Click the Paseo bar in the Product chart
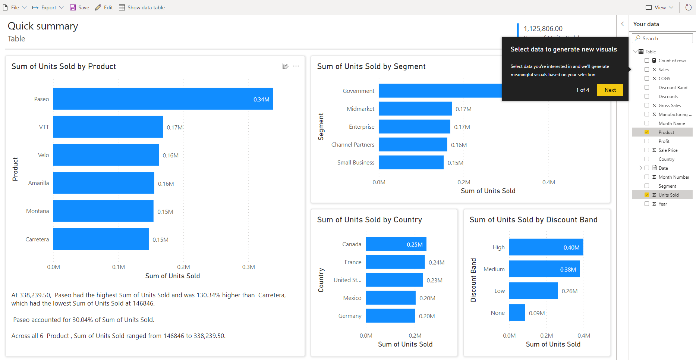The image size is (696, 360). [163, 99]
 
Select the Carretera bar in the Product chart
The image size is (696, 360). [101, 239]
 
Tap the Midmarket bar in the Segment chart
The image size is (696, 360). [415, 109]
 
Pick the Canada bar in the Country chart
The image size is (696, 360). [396, 244]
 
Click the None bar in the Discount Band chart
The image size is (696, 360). [517, 313]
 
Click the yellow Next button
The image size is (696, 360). [610, 90]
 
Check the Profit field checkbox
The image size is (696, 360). [647, 141]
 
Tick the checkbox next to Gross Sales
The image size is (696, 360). [647, 106]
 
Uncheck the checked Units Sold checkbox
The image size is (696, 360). [647, 195]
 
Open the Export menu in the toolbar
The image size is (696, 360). [48, 7]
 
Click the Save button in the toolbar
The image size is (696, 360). [79, 7]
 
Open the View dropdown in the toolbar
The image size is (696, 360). [659, 7]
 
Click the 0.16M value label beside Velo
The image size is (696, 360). [170, 156]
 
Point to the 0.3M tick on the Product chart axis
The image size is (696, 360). [249, 267]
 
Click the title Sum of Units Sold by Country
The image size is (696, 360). [369, 220]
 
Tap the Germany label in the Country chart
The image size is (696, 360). [350, 316]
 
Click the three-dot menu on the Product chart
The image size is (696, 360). [296, 66]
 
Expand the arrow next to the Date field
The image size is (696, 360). [640, 168]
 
